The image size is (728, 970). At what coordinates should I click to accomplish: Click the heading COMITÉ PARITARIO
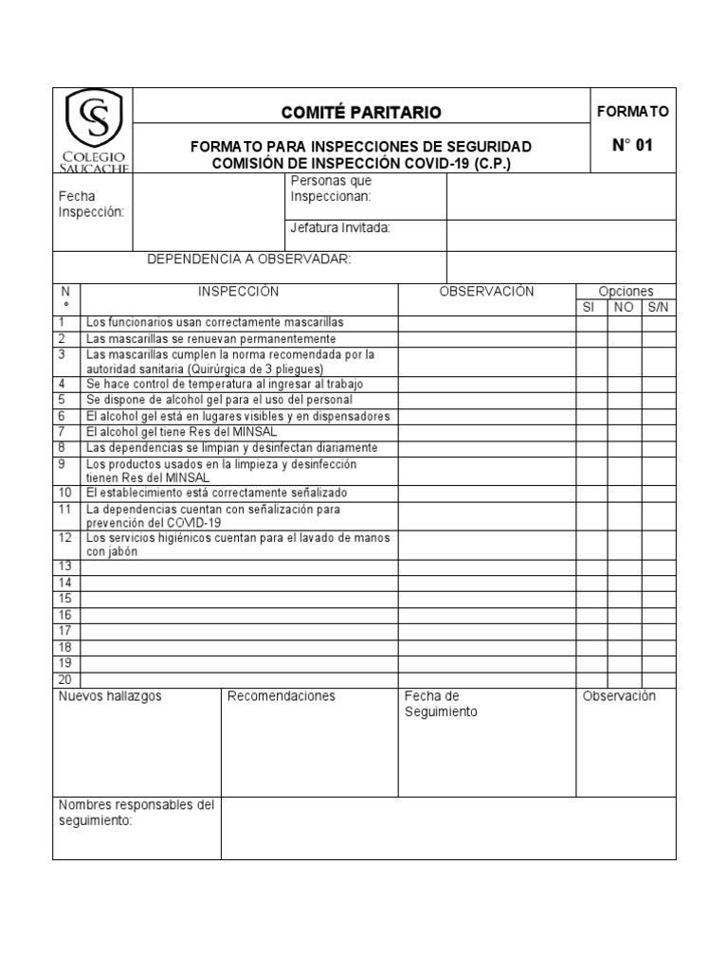pos(361,113)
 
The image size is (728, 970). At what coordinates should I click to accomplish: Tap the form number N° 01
pos(632,146)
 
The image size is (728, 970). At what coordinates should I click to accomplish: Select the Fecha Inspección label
pos(92,204)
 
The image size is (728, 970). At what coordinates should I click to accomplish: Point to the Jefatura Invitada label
pos(340,227)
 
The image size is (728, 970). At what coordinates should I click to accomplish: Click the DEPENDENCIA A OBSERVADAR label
pos(248,260)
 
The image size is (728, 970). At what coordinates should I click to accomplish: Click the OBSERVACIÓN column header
pos(486,292)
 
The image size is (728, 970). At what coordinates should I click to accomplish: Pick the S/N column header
pos(658,308)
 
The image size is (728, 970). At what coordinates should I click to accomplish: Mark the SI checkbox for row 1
pos(591,323)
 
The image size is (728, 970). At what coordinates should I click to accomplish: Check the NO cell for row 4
pos(624,385)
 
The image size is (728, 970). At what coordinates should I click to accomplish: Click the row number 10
pos(64,494)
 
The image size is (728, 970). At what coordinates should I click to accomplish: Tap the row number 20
pos(64,679)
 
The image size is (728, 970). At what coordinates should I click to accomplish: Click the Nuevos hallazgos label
pos(110,696)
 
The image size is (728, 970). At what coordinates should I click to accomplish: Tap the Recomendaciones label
pos(281,696)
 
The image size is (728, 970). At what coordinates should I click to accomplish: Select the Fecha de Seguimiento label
pos(441,704)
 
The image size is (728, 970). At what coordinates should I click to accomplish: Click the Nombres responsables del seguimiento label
pos(136,813)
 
